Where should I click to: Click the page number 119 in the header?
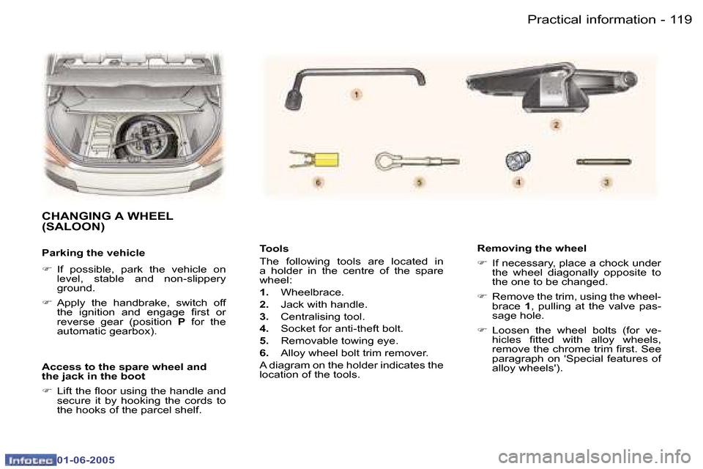click(680, 20)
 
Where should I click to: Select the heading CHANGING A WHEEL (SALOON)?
click(108, 221)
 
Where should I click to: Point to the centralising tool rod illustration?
click(604, 159)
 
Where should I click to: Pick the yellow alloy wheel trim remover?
click(315, 158)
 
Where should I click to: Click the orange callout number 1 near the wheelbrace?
click(357, 95)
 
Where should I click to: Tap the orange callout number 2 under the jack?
click(556, 126)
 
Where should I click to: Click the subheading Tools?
click(275, 249)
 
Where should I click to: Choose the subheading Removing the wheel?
click(532, 248)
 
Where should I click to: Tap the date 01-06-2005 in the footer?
click(86, 460)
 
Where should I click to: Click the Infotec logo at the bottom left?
click(30, 460)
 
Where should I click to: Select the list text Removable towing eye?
click(339, 341)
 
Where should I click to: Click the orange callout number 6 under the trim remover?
click(318, 181)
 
